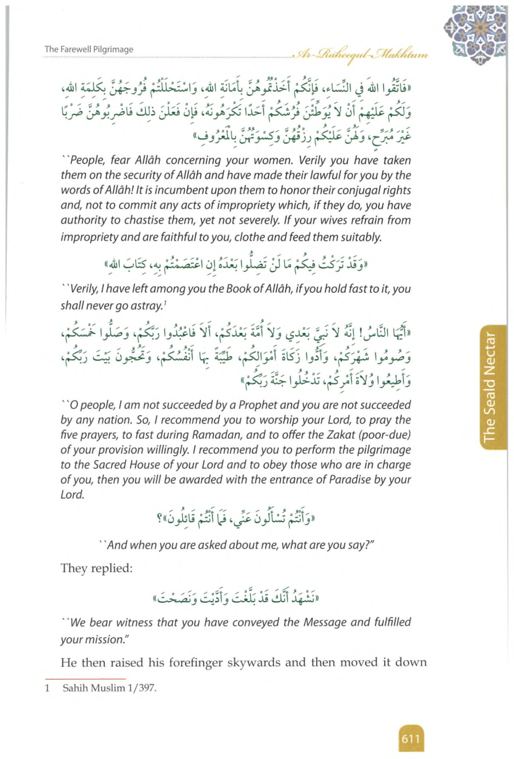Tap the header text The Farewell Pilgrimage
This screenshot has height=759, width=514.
coord(89,49)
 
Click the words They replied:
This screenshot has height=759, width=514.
coord(96,569)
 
